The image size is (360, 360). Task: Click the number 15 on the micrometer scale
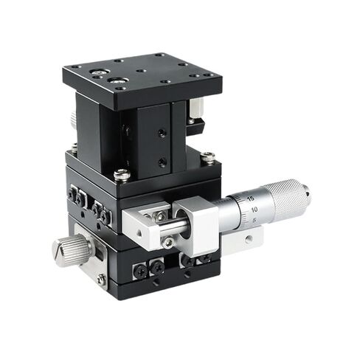click(251, 198)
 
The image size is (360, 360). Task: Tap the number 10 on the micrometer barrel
click(255, 210)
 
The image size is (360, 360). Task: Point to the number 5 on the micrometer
click(254, 220)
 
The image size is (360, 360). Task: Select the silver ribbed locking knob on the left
click(72, 249)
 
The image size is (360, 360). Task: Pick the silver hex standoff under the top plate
click(196, 108)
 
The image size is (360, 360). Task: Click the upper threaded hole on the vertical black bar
click(162, 133)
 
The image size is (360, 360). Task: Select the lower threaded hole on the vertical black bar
click(162, 162)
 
